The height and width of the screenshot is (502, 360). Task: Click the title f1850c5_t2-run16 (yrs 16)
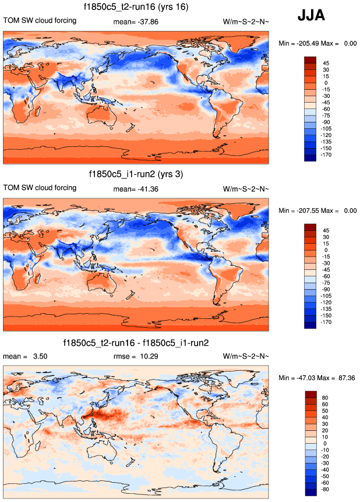point(136,7)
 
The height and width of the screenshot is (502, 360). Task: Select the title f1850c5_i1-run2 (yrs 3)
point(136,174)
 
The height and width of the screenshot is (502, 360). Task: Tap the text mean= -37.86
point(136,22)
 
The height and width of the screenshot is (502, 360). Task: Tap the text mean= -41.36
point(136,189)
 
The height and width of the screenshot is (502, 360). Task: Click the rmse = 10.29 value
point(136,356)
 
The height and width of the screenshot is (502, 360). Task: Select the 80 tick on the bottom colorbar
point(327,396)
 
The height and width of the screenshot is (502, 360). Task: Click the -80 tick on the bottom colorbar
point(327,489)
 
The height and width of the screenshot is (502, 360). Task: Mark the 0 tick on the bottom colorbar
point(327,443)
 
